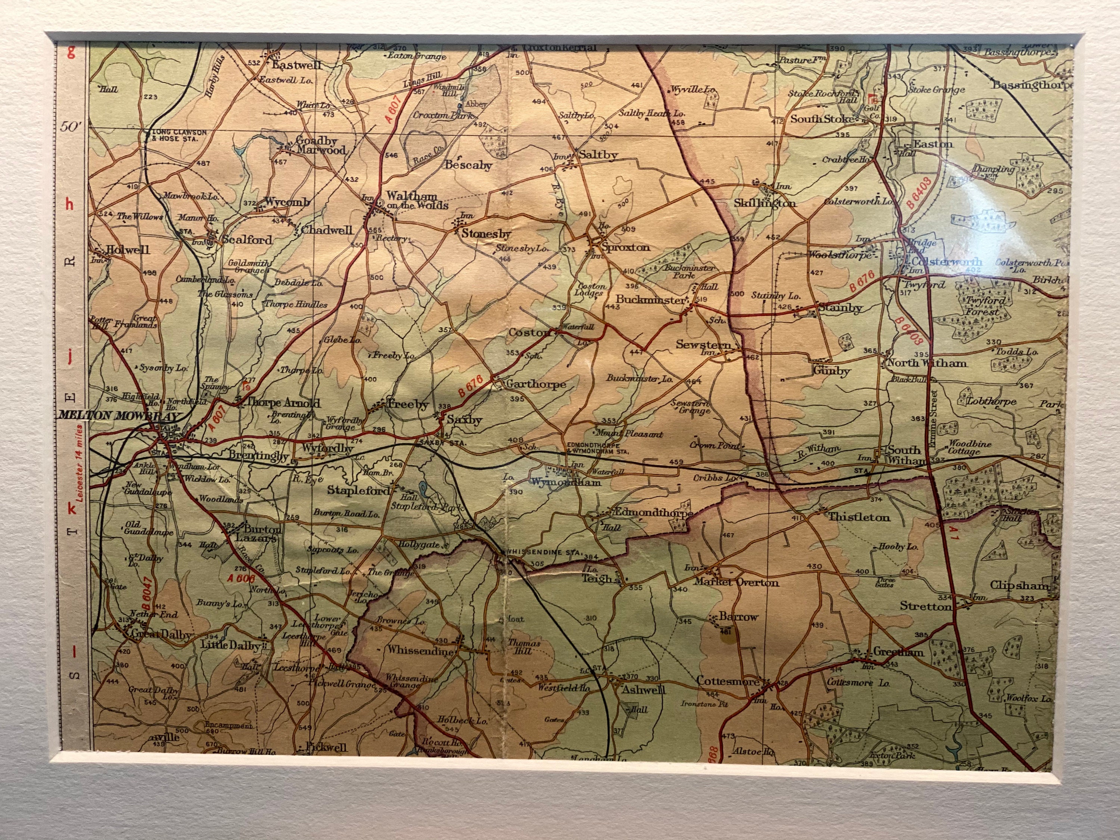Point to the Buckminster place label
[x=650, y=300]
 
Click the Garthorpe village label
[x=536, y=384]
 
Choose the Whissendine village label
[x=420, y=651]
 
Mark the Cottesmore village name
[x=728, y=681]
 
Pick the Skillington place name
[x=765, y=203]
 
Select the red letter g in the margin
[x=71, y=52]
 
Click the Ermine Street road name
[x=934, y=418]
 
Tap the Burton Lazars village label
[x=257, y=533]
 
